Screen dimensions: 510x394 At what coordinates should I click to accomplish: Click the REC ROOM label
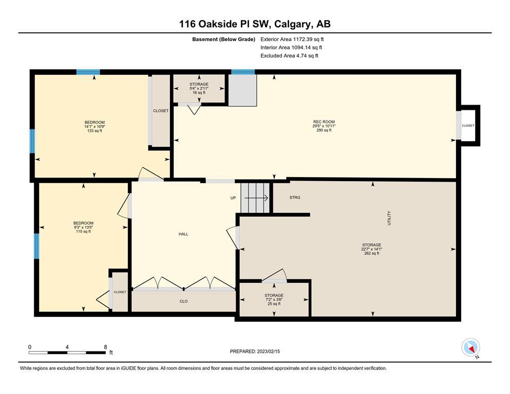[324, 122]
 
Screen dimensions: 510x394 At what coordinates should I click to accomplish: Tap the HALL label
[183, 234]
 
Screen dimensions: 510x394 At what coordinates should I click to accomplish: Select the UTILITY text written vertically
[389, 218]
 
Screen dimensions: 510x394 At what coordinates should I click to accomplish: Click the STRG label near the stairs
[295, 198]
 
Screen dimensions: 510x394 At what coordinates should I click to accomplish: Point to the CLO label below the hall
[183, 301]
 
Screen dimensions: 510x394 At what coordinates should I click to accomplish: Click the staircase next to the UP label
[255, 198]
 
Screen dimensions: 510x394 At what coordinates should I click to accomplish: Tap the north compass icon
[470, 347]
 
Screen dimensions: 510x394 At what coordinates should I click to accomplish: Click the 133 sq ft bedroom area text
[95, 131]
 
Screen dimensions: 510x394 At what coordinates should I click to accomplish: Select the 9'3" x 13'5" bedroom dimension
[84, 227]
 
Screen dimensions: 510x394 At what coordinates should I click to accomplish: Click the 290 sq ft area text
[324, 130]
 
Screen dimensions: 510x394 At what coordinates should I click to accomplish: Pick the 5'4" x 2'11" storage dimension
[199, 88]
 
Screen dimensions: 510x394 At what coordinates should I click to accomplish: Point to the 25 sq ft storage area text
[274, 304]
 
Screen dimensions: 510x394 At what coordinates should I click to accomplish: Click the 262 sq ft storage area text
[372, 253]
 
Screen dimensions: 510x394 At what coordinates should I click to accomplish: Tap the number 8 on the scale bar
[105, 347]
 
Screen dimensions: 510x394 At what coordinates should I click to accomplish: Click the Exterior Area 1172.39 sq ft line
[292, 40]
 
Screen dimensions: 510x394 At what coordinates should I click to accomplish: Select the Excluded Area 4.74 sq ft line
[289, 55]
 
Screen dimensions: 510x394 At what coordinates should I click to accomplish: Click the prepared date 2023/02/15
[268, 351]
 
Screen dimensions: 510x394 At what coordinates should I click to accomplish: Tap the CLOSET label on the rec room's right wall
[468, 125]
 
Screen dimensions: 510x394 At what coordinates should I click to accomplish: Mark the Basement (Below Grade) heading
[223, 40]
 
